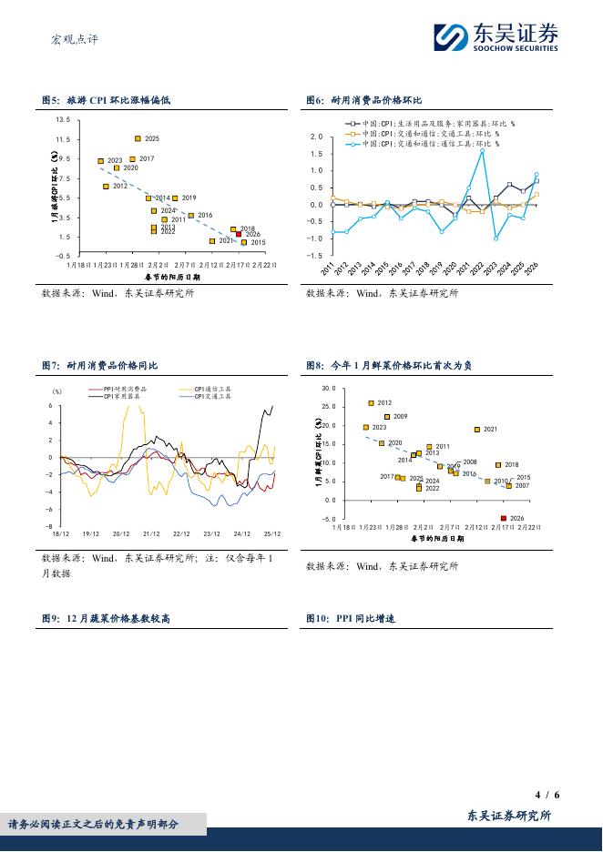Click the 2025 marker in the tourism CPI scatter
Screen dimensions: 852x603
click(138, 138)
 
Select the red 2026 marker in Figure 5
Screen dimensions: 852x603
click(239, 234)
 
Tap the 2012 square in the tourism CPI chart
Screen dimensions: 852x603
click(106, 186)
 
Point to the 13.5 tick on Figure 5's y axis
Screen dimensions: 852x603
click(62, 120)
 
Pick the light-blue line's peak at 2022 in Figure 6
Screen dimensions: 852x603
click(482, 151)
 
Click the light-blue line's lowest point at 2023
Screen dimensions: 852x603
click(496, 238)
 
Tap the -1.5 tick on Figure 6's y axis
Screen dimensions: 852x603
click(316, 257)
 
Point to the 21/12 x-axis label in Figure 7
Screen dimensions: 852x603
click(151, 534)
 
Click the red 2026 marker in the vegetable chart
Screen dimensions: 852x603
click(504, 518)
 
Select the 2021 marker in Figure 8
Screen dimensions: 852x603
click(476, 429)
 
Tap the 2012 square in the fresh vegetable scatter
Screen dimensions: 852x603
click(371, 403)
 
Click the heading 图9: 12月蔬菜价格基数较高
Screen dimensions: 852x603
click(107, 618)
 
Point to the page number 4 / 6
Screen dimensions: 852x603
click(548, 794)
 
